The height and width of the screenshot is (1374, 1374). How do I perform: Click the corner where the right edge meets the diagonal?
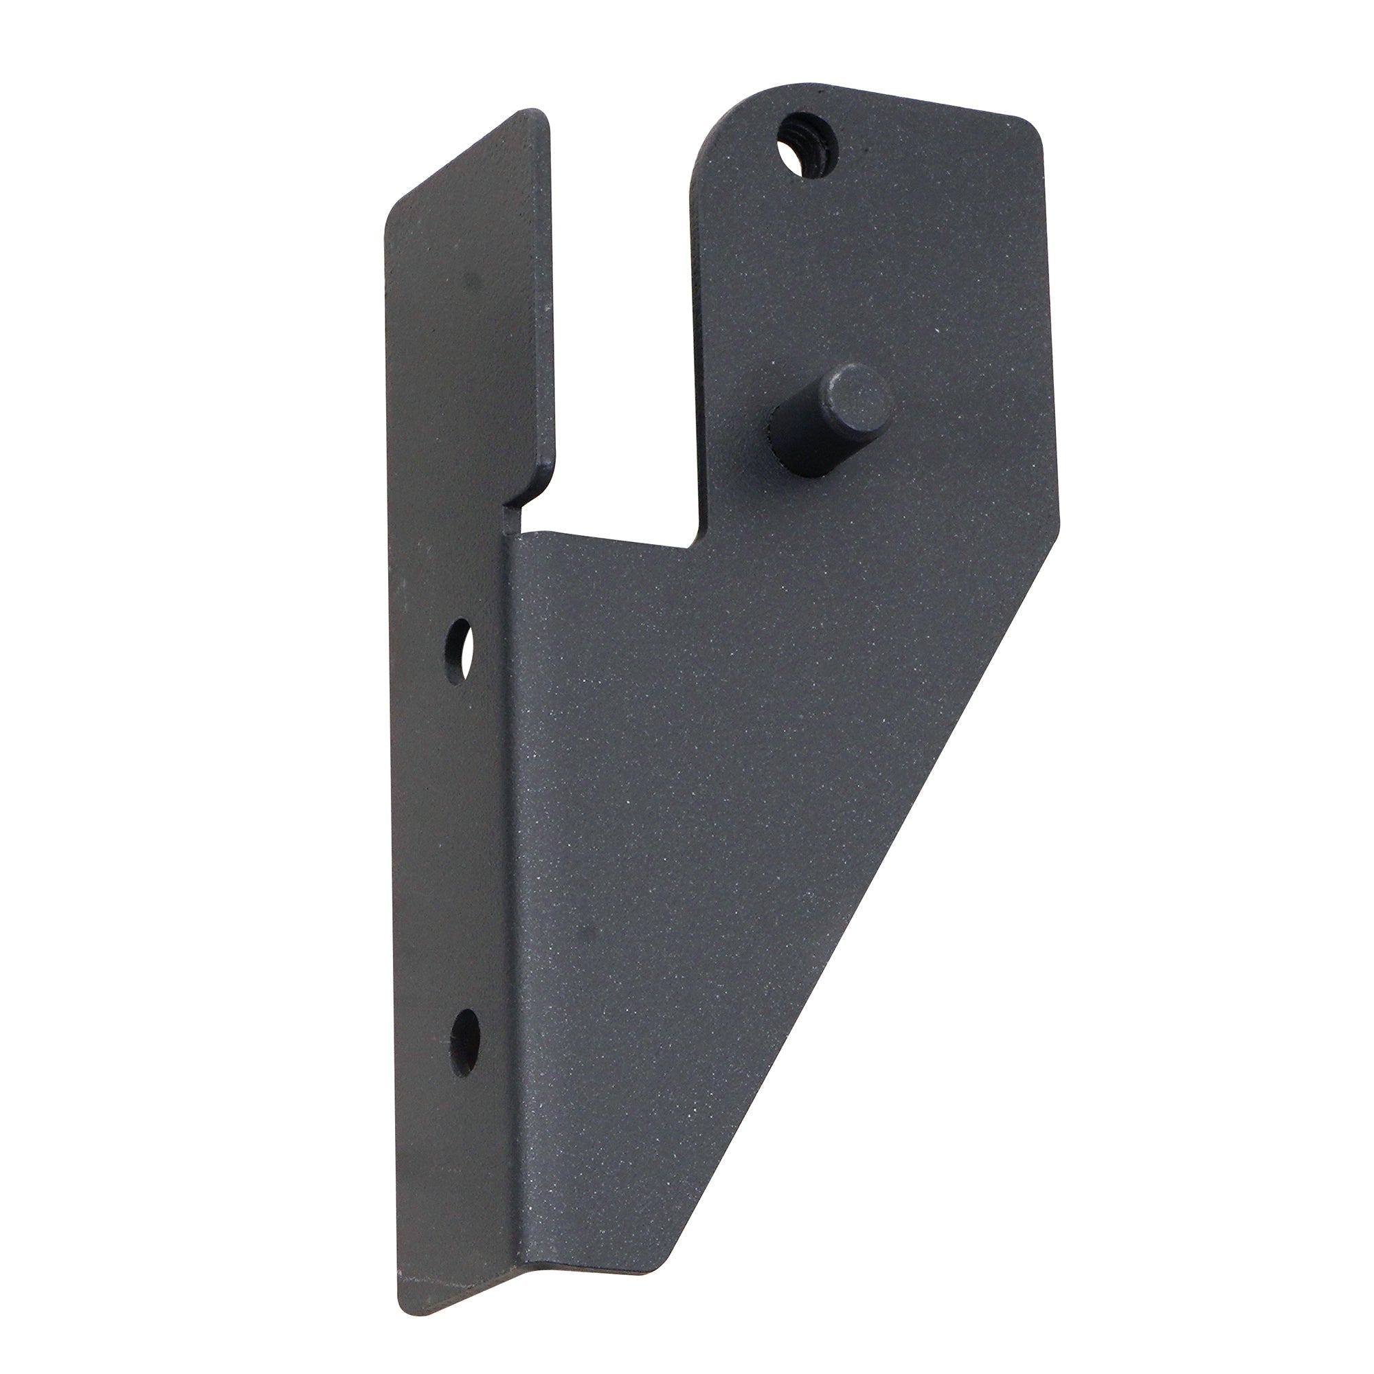tap(1058, 526)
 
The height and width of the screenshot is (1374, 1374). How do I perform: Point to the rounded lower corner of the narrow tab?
tap(541, 484)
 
